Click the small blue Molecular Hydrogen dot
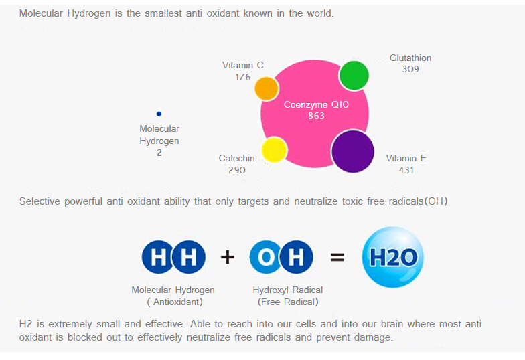coord(159,114)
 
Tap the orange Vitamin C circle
coord(267,88)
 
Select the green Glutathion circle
coord(354,76)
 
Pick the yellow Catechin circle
coord(275,150)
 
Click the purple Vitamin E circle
coord(352,151)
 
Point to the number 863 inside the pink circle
coord(316,116)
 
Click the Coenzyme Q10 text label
coord(316,104)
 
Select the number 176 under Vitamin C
coord(242,78)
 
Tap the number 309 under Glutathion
coord(410,70)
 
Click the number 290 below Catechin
coord(237,170)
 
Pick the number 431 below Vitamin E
coord(406,170)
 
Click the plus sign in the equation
coord(228,257)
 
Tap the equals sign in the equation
coord(337,257)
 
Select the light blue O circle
coord(266,257)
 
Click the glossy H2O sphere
coord(392,257)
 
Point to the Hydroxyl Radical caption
coord(288,290)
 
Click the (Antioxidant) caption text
coord(175,302)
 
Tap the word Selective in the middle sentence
coord(40,201)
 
